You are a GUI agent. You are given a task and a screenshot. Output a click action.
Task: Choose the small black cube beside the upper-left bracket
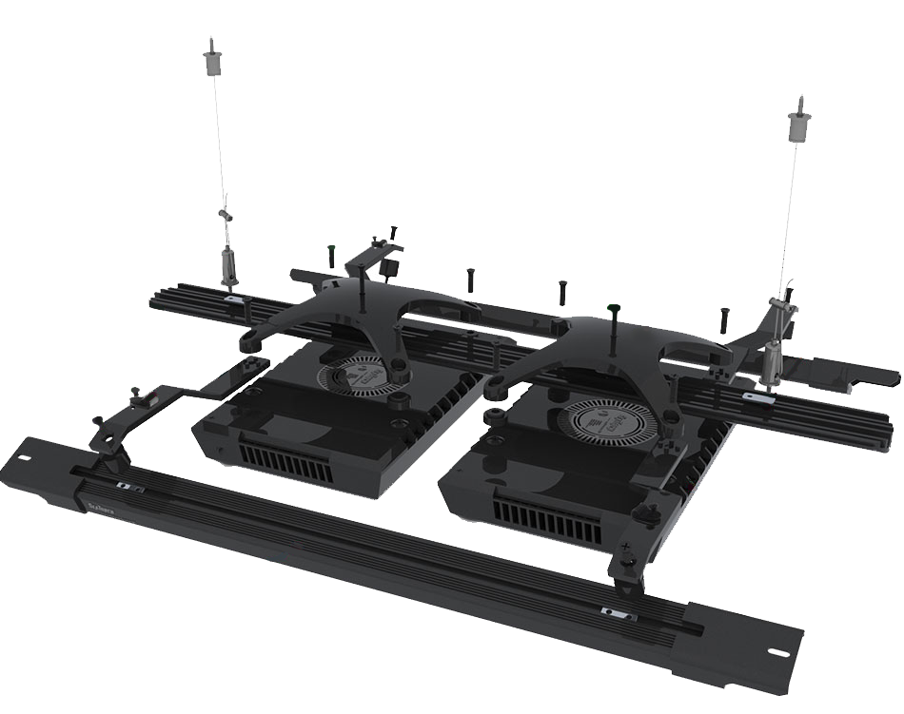point(387,268)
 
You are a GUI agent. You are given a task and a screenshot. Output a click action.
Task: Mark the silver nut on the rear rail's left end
point(232,297)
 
